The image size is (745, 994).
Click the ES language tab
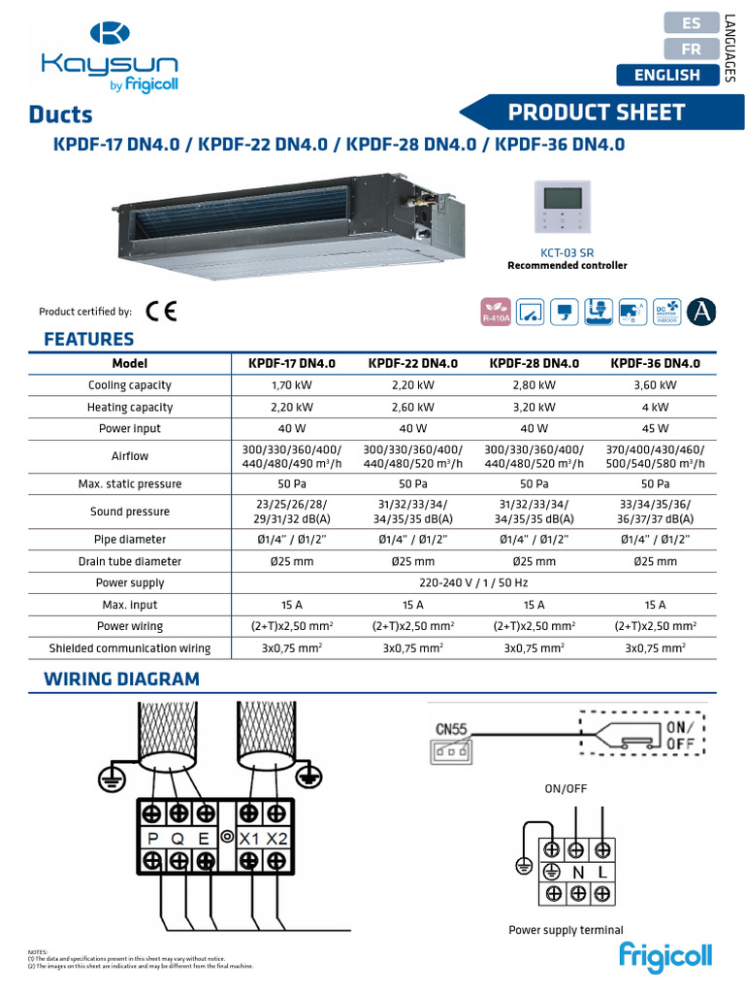click(x=692, y=22)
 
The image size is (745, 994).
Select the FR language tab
click(x=692, y=49)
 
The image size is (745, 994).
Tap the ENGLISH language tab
click(x=666, y=75)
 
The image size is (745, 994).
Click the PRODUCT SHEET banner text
click(x=597, y=113)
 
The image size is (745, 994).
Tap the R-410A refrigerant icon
click(x=496, y=311)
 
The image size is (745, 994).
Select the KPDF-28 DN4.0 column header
click(x=534, y=363)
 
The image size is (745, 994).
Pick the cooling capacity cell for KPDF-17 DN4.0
click(x=291, y=385)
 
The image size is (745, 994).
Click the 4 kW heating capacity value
click(x=655, y=407)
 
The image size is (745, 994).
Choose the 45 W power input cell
click(x=655, y=428)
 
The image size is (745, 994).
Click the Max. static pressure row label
click(x=130, y=483)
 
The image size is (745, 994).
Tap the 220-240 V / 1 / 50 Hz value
click(x=473, y=582)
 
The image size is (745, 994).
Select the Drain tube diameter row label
click(x=130, y=561)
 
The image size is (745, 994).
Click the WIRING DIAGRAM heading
click(x=122, y=679)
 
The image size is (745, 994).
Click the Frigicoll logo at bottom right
click(x=666, y=955)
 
